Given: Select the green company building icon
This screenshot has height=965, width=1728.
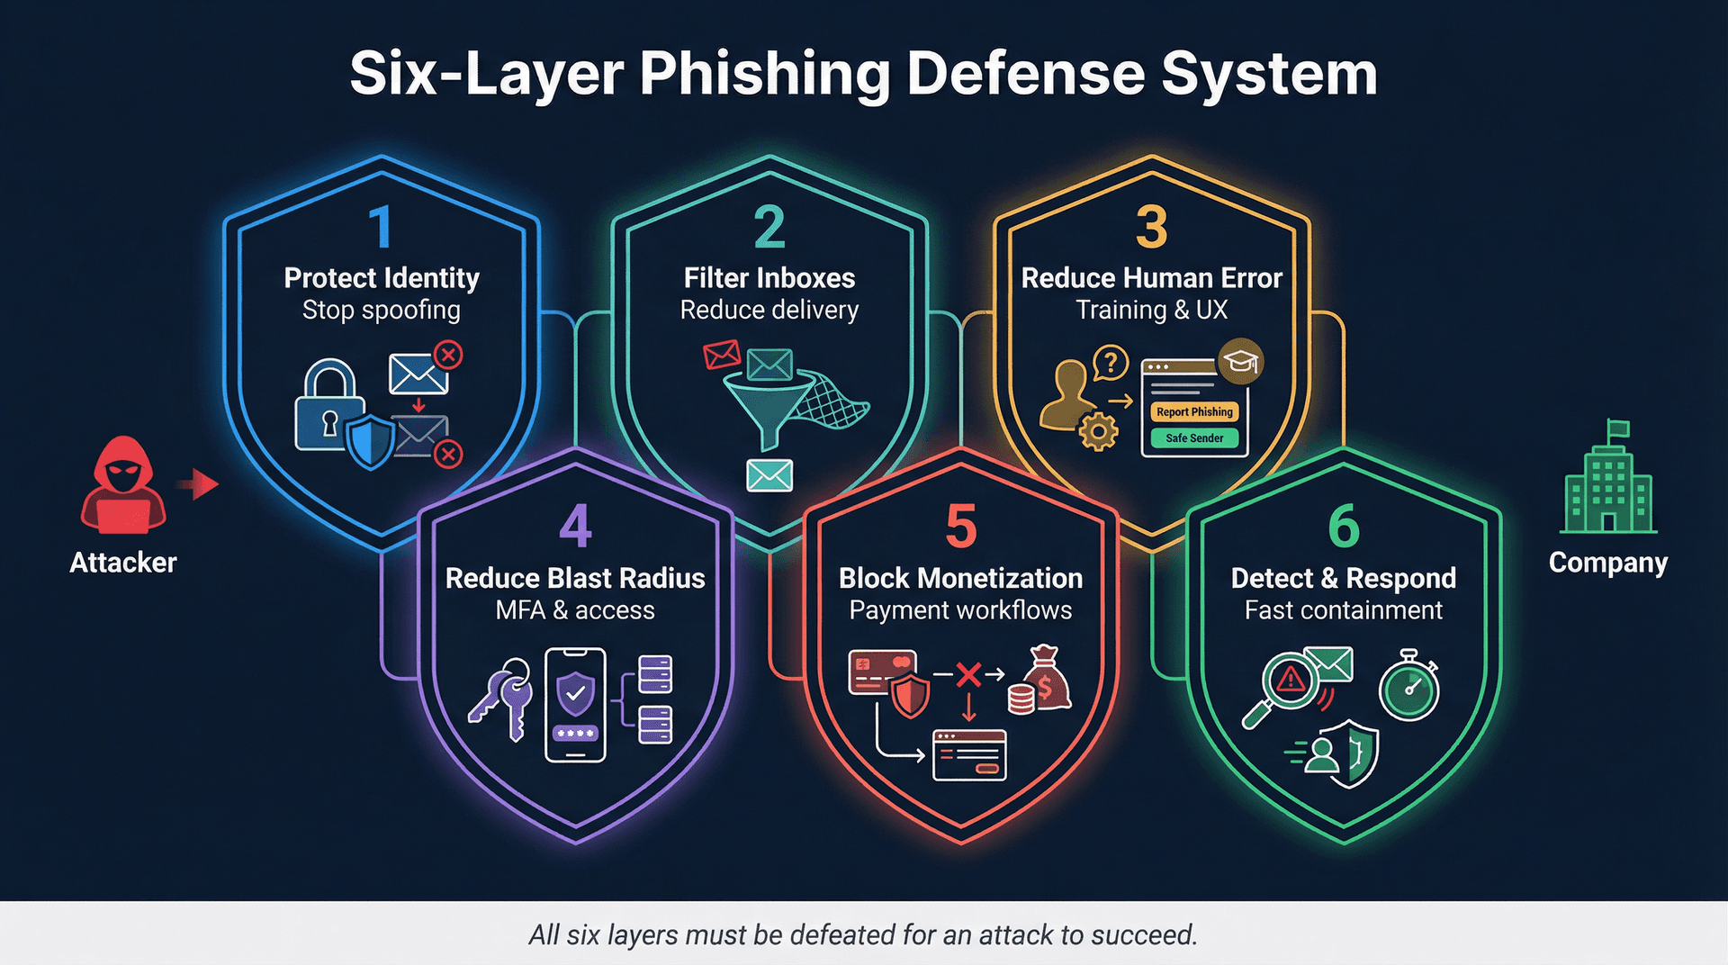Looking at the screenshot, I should click(x=1608, y=482).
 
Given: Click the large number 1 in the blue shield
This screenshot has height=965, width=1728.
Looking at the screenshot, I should click(x=381, y=227).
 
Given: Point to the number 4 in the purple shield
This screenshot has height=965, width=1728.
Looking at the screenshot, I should click(x=575, y=527).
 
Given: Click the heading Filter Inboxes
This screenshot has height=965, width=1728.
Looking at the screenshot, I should click(x=769, y=278).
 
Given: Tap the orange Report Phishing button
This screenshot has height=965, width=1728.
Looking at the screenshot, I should click(x=1194, y=411).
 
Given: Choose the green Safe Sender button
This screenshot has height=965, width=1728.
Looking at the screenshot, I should click(x=1194, y=438).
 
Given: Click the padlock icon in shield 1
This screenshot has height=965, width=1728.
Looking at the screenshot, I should click(x=329, y=406).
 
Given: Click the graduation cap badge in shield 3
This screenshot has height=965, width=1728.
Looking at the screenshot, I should click(x=1240, y=362).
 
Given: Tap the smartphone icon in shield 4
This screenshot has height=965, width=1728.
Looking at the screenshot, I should click(x=576, y=705).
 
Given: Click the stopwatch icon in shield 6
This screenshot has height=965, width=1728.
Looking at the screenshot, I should click(x=1409, y=687).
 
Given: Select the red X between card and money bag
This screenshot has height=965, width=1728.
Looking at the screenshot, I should click(x=968, y=674).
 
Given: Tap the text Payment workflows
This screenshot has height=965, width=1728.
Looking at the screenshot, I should click(x=960, y=610).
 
